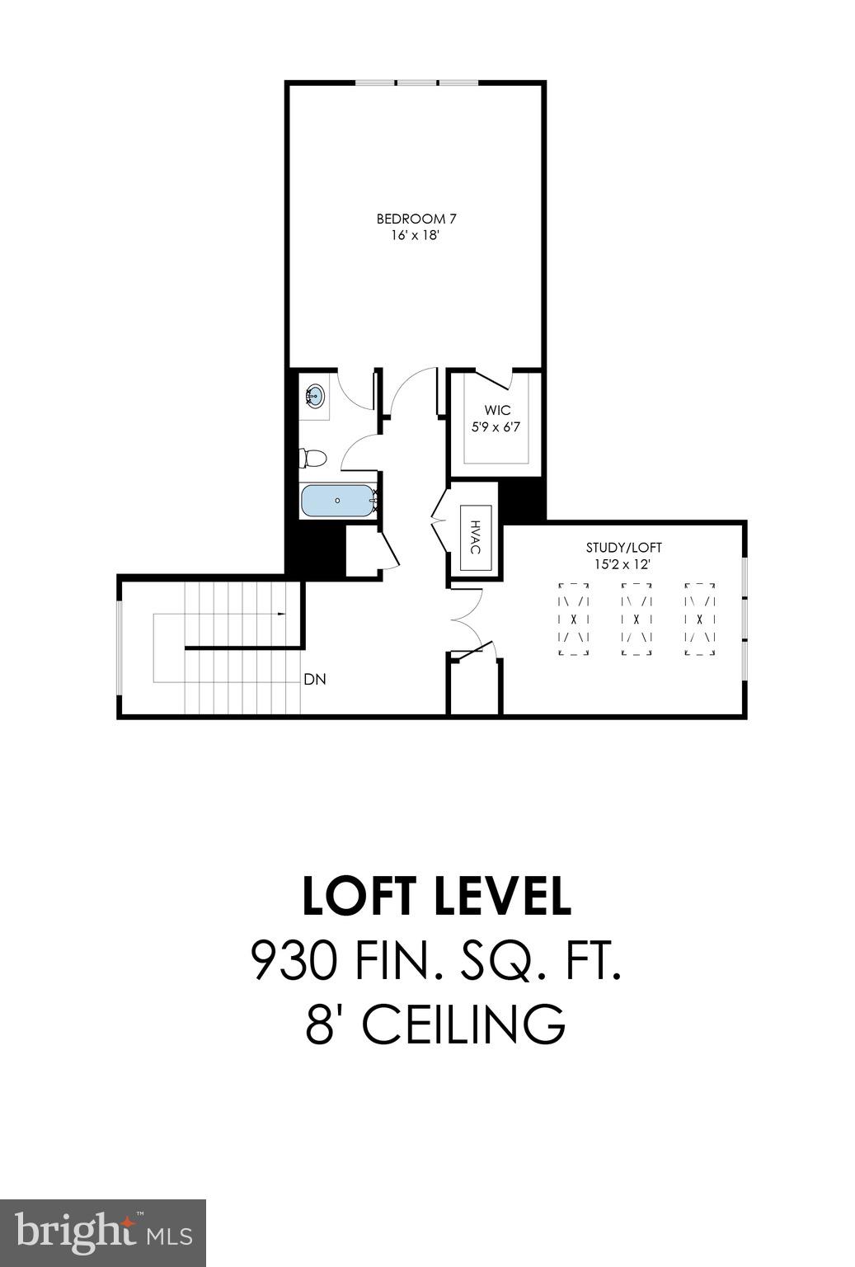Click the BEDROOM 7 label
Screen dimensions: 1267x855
pos(416,219)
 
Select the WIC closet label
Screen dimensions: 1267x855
pos(497,410)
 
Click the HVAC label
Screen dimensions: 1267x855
pos(475,536)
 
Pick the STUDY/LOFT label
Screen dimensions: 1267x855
pos(623,547)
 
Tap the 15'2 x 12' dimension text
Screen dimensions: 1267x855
pos(623,564)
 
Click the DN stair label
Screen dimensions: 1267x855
pos(315,680)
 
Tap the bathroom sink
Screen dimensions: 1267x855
pos(314,397)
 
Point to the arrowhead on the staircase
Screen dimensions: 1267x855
pos(283,615)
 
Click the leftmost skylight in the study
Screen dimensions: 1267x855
pos(574,619)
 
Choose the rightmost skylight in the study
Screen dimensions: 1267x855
pos(699,619)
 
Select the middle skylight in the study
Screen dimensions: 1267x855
pos(636,619)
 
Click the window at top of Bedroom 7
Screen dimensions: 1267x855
pos(416,82)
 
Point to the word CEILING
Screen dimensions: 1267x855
pos(463,1024)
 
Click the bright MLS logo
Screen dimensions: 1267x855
pos(103,1233)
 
